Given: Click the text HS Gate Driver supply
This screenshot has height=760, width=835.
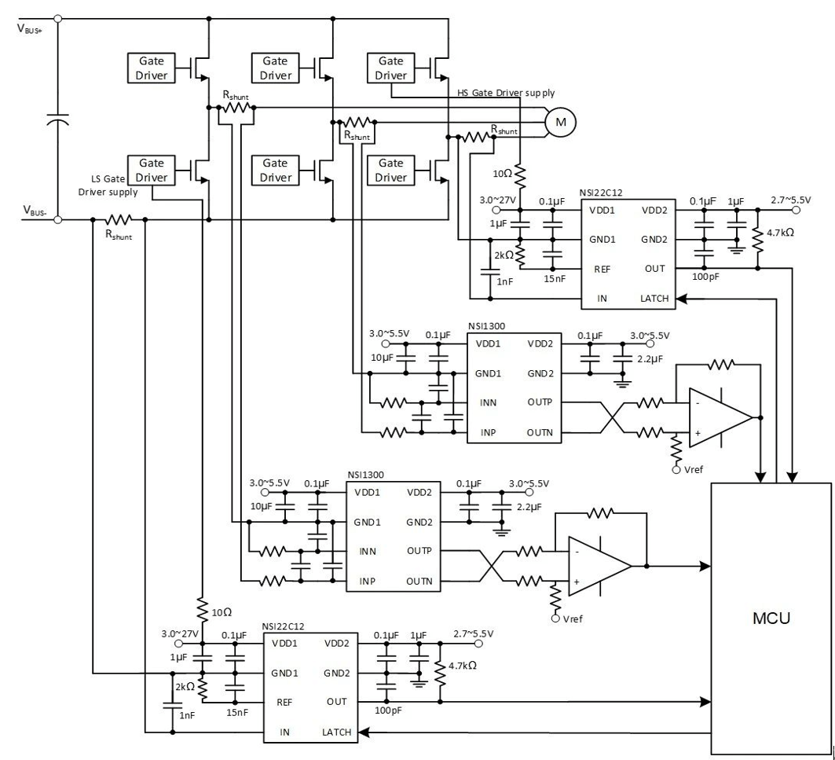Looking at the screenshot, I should pyautogui.click(x=500, y=92).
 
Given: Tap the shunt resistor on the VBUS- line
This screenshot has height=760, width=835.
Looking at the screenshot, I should pyautogui.click(x=119, y=220).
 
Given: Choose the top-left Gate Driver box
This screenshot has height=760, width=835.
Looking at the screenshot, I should pyautogui.click(x=152, y=68).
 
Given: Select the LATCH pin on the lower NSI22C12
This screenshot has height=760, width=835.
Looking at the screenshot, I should pyautogui.click(x=335, y=732).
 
